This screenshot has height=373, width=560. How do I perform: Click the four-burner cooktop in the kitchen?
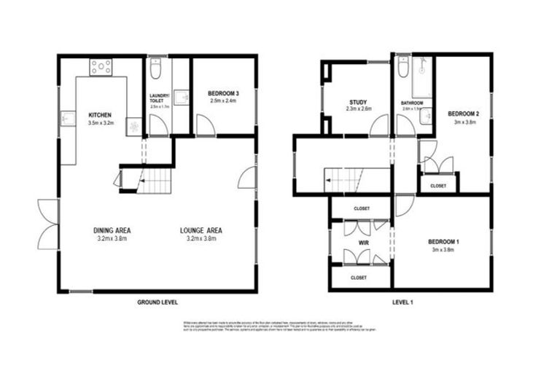pyautogui.click(x=101, y=68)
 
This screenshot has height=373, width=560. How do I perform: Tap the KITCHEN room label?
pyautogui.click(x=100, y=116)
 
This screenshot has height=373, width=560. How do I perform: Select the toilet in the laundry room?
pyautogui.click(x=155, y=71)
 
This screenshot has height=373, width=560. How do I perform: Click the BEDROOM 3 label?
pyautogui.click(x=223, y=94)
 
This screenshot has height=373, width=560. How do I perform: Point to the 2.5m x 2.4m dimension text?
pyautogui.click(x=223, y=101)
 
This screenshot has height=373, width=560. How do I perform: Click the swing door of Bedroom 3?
pyautogui.click(x=206, y=127)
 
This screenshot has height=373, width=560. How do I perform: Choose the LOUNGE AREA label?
pyautogui.click(x=201, y=230)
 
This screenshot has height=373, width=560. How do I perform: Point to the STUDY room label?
pyautogui.click(x=359, y=102)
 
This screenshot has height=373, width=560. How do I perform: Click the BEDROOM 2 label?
pyautogui.click(x=463, y=114)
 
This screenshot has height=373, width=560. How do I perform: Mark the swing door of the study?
pyautogui.click(x=379, y=127)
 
